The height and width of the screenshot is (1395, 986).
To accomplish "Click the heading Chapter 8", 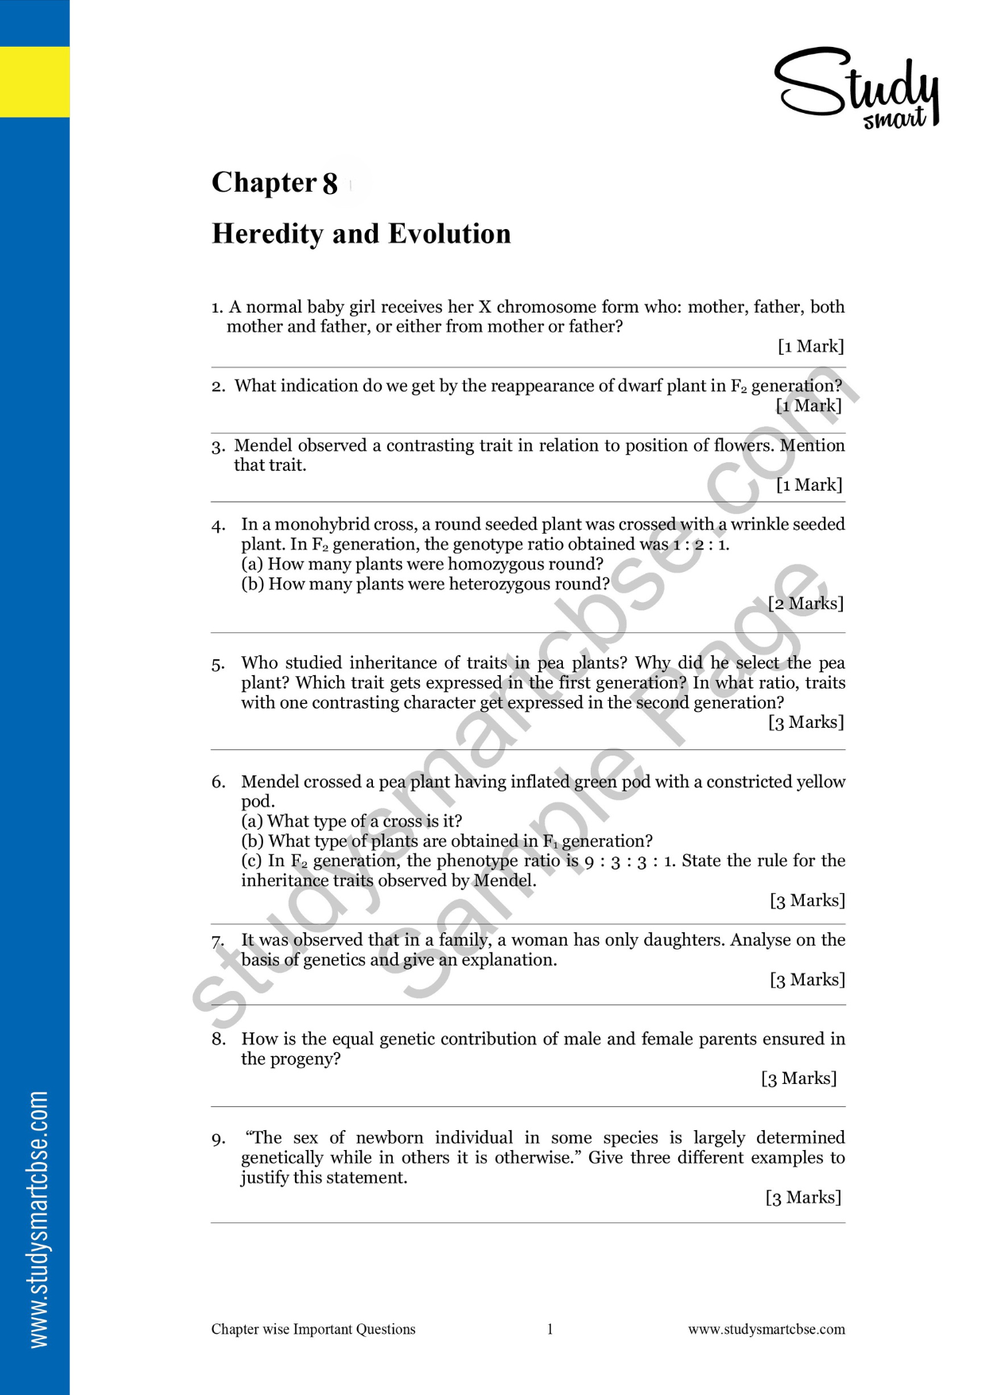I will click(x=274, y=183).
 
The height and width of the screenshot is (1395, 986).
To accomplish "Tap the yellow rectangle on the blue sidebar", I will click(x=34, y=82).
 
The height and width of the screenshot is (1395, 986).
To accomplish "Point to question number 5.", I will click(x=219, y=665).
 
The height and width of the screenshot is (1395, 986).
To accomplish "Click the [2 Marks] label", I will click(x=805, y=604).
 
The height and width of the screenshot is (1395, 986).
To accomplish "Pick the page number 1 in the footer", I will click(x=549, y=1329).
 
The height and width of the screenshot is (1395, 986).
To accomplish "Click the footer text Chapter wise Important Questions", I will click(x=313, y=1329).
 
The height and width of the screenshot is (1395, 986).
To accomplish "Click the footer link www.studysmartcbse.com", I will click(x=767, y=1329).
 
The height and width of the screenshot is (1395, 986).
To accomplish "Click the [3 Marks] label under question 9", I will click(x=803, y=1198).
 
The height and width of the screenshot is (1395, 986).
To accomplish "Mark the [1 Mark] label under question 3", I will click(x=809, y=485).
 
